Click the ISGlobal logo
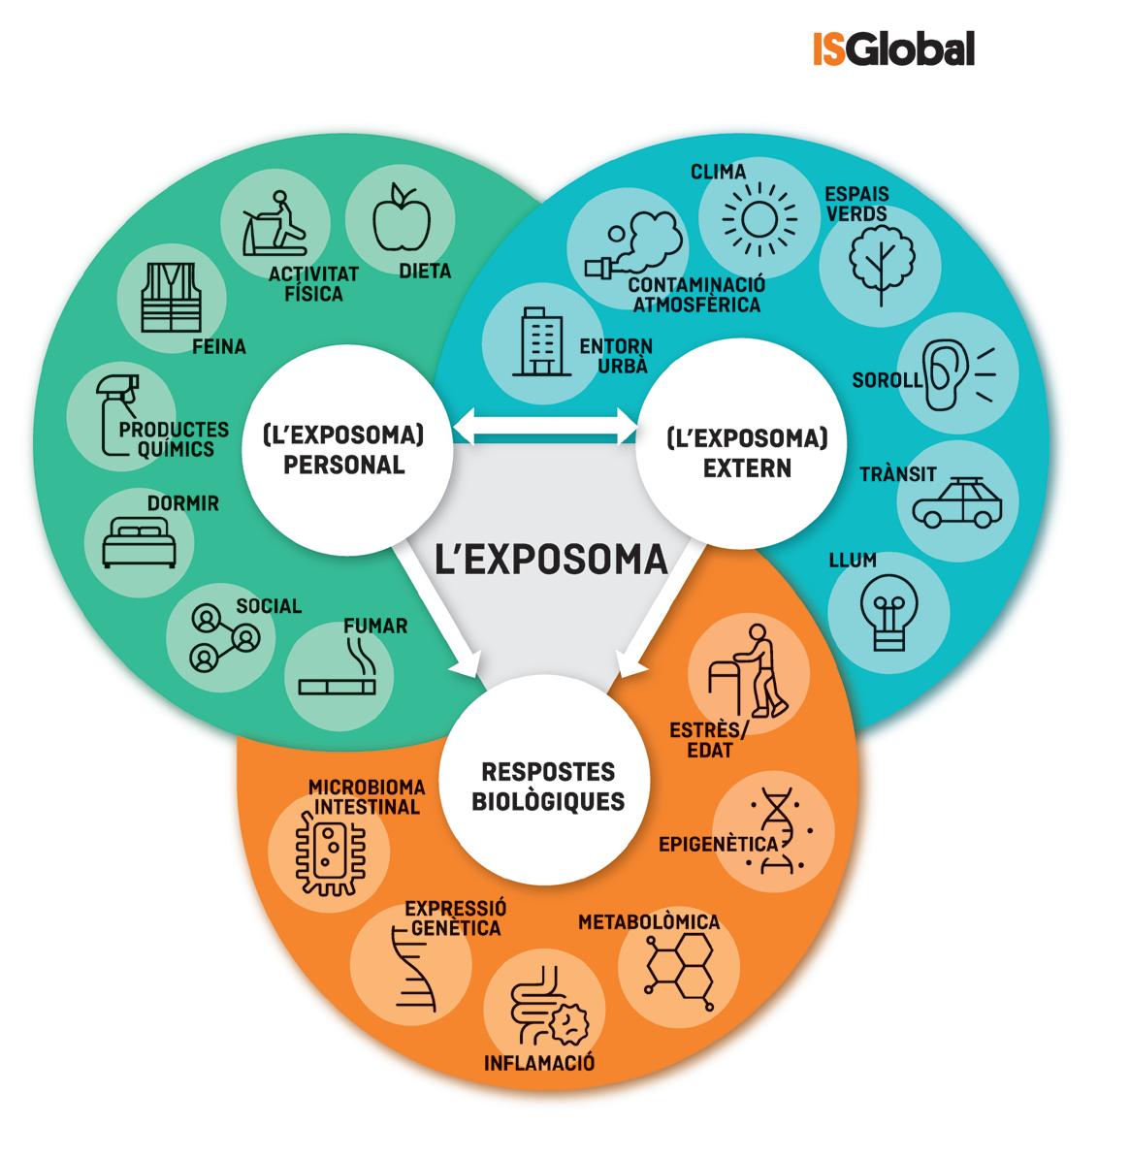[892, 48]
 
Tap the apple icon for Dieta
[400, 218]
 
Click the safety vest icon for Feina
[170, 296]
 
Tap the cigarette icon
[337, 677]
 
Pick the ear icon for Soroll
[951, 373]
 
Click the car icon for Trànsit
[956, 501]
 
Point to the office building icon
[538, 342]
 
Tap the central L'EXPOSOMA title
[550, 560]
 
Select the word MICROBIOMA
[367, 787]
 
